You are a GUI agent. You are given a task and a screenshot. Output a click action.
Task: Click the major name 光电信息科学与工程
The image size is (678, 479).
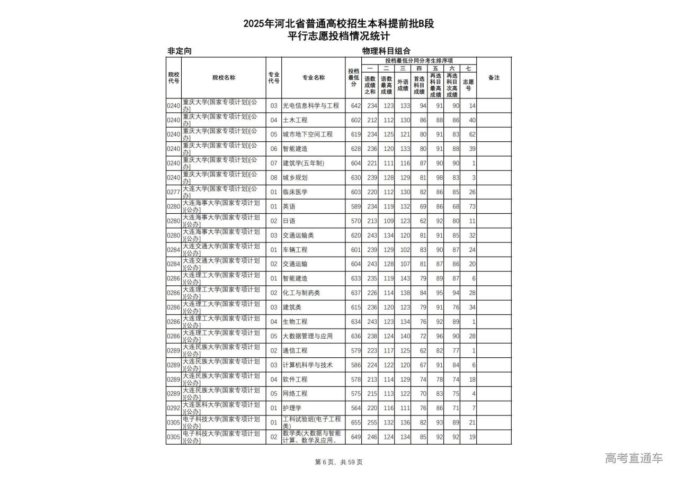pos(310,106)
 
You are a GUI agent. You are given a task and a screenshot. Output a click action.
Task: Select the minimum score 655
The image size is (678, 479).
pos(355,422)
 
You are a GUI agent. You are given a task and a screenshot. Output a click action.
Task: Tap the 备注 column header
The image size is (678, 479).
pos(494,78)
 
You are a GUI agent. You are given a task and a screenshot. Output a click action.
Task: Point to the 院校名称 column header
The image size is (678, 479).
pos(224,78)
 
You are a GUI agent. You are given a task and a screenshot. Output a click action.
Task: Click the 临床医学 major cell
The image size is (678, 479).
pos(295,192)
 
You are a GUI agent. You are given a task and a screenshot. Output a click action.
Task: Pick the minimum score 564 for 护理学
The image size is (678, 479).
pos(355,408)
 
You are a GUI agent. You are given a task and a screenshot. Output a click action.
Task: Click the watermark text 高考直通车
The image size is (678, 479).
pos(634,458)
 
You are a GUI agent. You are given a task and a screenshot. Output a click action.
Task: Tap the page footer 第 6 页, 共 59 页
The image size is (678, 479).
pos(338,462)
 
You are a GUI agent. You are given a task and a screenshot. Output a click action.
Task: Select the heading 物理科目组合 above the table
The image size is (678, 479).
pos(386,51)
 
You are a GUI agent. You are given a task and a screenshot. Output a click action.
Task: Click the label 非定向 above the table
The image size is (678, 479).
pos(179,51)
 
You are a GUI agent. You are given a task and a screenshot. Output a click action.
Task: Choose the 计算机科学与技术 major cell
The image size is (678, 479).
pos(307,365)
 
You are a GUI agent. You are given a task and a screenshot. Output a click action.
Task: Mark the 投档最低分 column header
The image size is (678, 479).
pos(353,78)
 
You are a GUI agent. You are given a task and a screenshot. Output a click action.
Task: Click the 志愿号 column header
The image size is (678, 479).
pos(468,85)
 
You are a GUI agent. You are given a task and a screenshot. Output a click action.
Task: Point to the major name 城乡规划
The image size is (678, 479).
pos(295,178)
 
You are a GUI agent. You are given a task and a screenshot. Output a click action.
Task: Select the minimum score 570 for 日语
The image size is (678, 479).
pos(355,221)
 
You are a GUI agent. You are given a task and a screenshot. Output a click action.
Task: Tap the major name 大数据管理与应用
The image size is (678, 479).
pos(307,336)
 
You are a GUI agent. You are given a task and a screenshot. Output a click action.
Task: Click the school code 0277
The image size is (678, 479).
pos(173,192)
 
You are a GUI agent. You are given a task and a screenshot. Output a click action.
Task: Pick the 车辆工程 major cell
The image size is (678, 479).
pos(295,250)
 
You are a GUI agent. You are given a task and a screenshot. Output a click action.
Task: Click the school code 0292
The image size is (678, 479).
pos(173,408)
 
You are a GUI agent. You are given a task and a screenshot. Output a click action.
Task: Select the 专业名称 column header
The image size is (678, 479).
pos(314,78)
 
